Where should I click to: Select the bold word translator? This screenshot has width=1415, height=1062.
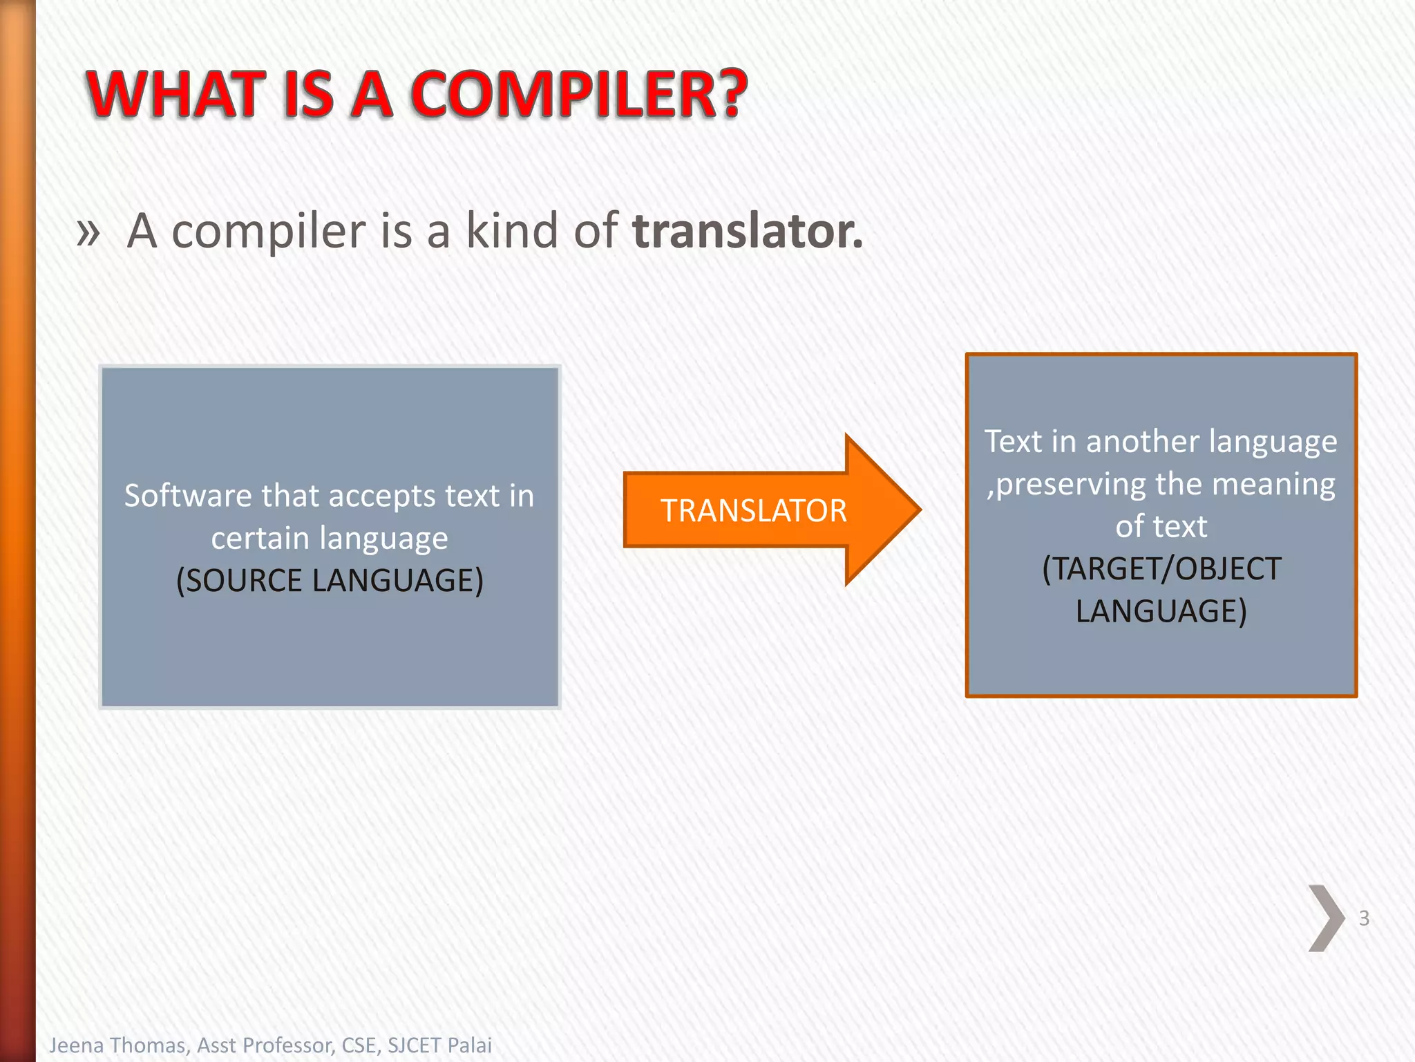(x=748, y=230)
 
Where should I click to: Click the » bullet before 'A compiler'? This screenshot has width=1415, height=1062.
(x=88, y=232)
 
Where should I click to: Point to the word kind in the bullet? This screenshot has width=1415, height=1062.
(x=512, y=230)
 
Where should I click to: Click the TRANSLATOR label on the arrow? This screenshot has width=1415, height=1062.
(x=753, y=511)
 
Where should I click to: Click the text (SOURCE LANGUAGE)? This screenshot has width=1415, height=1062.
(x=330, y=580)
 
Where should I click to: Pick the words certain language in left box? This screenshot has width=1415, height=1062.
(x=330, y=538)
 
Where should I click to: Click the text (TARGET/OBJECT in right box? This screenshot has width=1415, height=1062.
(x=1161, y=569)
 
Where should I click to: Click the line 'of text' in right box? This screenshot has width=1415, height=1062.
(x=1161, y=527)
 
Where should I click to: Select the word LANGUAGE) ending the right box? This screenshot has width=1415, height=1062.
(x=1161, y=611)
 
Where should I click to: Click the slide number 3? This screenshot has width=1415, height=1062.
(x=1364, y=918)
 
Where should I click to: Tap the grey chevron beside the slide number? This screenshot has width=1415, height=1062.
(x=1325, y=918)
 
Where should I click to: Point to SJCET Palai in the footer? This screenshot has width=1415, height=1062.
(x=439, y=1045)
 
